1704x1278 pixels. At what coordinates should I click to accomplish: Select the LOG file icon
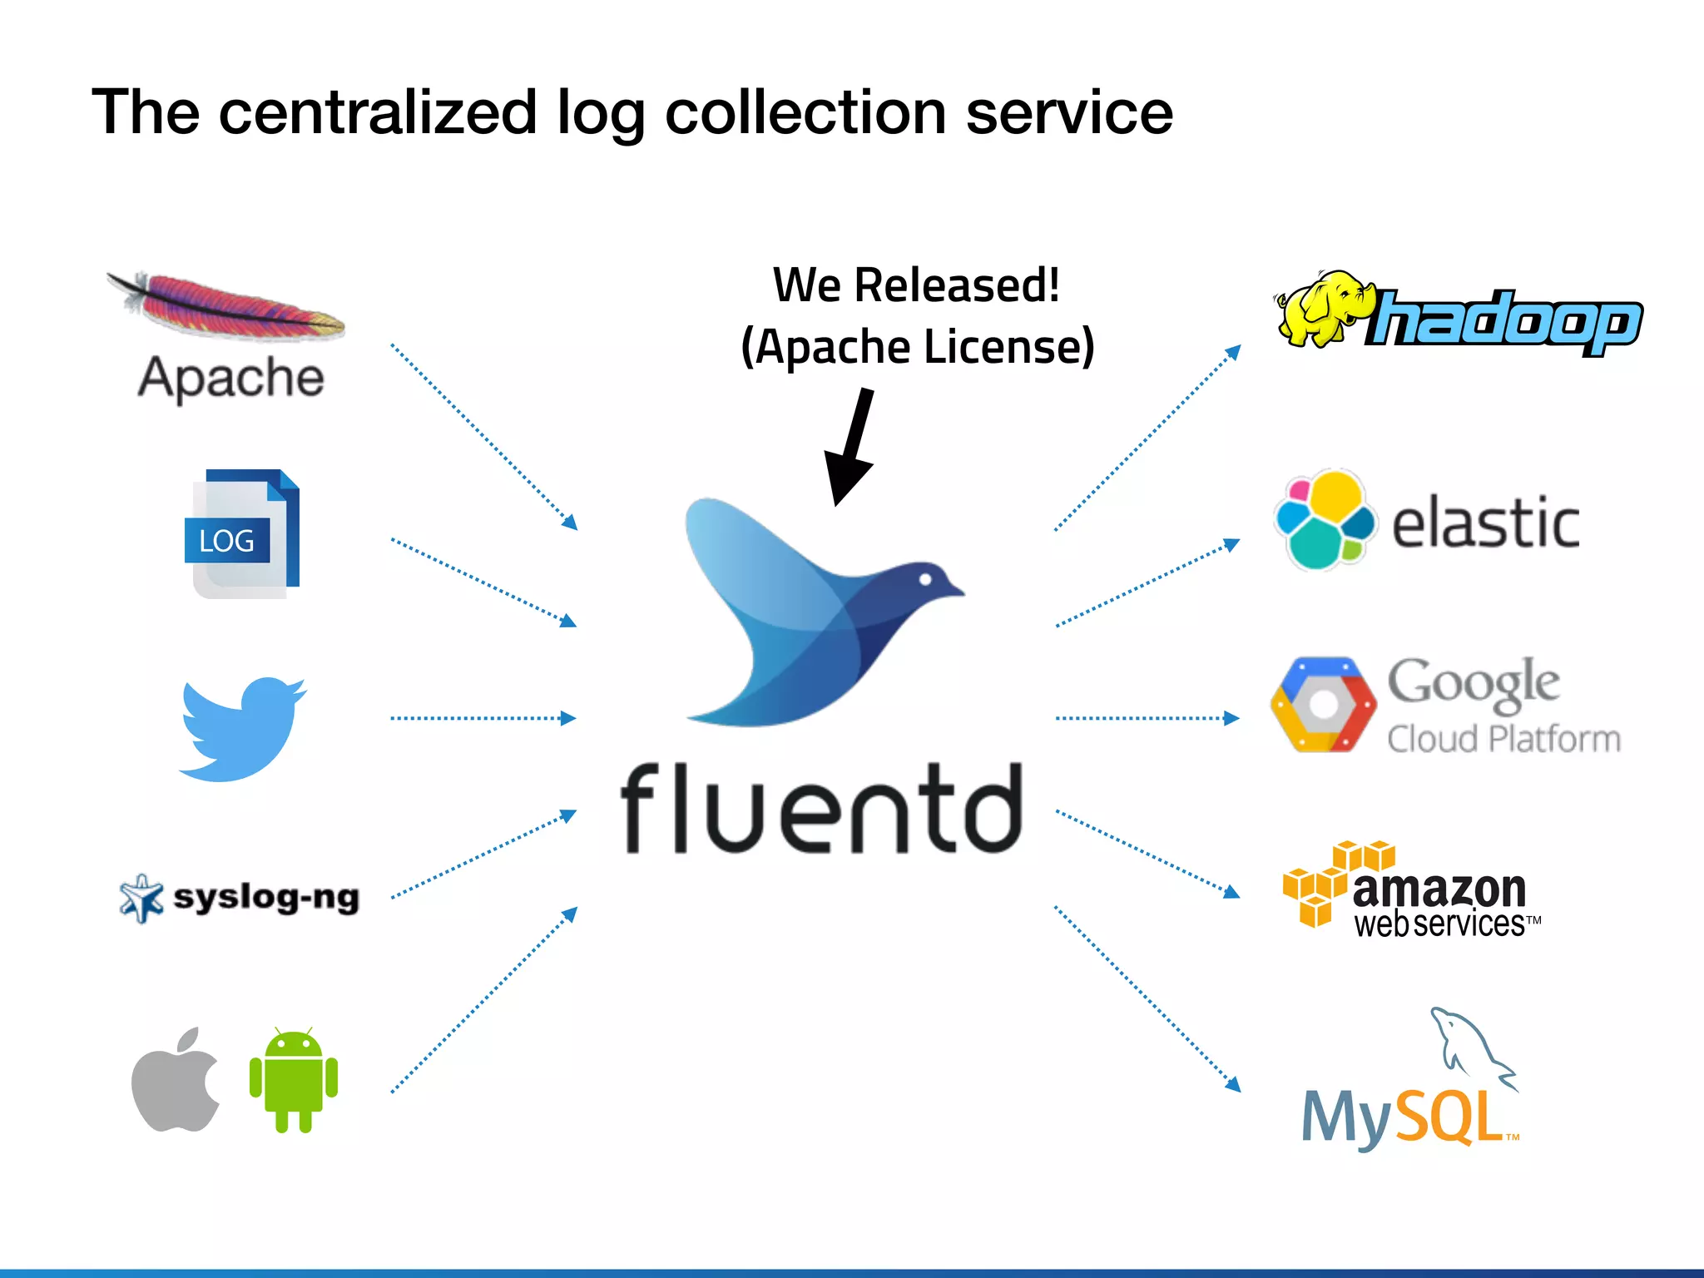[242, 534]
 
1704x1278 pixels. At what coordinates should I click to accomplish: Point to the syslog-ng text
[266, 898]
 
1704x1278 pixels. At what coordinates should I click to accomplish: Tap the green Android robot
[293, 1080]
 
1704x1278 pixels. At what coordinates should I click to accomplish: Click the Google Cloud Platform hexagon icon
[1323, 706]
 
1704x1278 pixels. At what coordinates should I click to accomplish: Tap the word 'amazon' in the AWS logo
[1439, 889]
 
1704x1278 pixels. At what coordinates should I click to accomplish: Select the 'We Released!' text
[916, 285]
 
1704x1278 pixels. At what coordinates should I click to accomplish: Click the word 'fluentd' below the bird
[822, 810]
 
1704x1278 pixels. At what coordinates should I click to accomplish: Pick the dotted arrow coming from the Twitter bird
[483, 718]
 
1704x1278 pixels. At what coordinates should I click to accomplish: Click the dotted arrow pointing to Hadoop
[1148, 437]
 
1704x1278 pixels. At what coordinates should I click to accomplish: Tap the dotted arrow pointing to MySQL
[1148, 998]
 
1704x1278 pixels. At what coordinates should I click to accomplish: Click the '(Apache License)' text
[917, 347]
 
